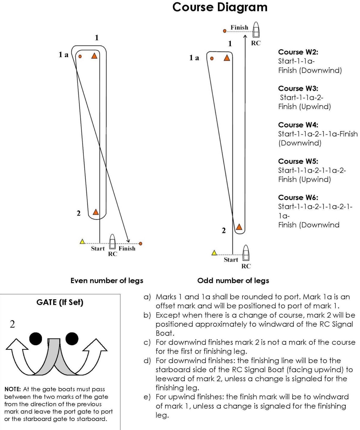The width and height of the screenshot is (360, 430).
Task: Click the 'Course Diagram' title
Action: coord(220,7)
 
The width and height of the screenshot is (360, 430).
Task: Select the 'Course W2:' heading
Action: coord(298,52)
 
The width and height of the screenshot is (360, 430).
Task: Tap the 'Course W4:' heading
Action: coord(298,125)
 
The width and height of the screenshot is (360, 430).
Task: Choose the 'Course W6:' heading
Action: coord(298,197)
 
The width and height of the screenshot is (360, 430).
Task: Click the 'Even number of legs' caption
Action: coord(107,281)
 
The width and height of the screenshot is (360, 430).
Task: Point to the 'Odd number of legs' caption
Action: coord(233,281)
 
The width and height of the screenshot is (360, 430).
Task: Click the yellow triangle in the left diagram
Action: coord(82,242)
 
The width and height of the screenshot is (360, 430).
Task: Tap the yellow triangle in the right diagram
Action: coord(214,253)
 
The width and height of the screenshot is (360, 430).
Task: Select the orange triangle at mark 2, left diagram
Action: coord(96,212)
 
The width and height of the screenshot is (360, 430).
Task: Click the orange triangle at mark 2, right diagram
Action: coord(239,227)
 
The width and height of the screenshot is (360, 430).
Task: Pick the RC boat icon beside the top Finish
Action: coord(256,30)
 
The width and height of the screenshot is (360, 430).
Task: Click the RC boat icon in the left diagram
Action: coord(112,242)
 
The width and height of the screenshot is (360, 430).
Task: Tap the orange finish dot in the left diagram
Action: coord(140,244)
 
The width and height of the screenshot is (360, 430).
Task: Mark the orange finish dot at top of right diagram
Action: coord(225,31)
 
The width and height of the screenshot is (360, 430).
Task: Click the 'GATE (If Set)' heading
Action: coord(60,302)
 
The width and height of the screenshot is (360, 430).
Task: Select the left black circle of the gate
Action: coord(36,339)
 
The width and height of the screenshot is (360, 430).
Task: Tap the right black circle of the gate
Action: coord(72,339)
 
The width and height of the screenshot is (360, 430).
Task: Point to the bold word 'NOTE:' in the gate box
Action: coord(13,389)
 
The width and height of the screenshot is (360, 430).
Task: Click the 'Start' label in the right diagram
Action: coord(231,260)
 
